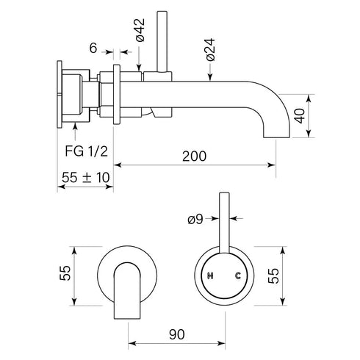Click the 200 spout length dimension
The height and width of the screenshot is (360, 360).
[195, 157]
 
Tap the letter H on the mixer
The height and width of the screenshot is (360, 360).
[211, 276]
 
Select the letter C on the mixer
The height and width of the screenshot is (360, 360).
[237, 276]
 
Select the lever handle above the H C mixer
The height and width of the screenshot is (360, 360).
[224, 220]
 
